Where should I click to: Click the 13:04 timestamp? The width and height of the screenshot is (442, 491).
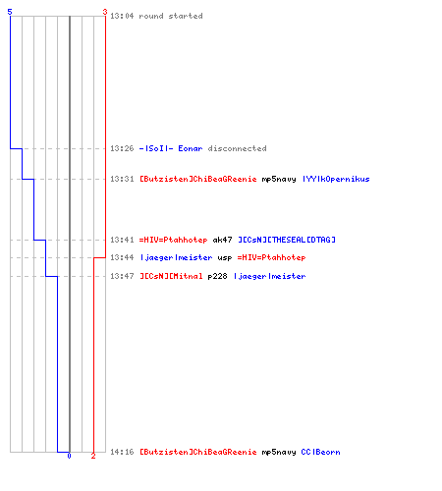122,16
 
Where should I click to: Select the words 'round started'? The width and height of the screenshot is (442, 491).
171,16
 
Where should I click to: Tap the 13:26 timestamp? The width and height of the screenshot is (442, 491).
122,148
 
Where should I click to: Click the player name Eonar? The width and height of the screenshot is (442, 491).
191,148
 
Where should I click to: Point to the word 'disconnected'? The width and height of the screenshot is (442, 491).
237,148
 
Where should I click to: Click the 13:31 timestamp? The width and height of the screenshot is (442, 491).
122,179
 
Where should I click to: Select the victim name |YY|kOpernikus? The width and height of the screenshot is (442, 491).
336,179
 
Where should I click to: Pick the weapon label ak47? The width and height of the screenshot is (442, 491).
222,240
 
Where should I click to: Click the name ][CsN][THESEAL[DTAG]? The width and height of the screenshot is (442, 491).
287,240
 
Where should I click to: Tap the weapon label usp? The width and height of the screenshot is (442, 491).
225,258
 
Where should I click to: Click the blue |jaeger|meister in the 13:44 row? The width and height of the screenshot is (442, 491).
177,257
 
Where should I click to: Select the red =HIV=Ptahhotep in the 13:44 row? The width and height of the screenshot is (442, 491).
272,257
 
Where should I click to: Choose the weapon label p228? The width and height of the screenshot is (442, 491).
217,276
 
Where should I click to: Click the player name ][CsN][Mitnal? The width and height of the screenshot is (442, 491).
171,276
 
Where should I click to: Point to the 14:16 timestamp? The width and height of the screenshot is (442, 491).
122,452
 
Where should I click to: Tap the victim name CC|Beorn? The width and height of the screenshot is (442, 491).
320,452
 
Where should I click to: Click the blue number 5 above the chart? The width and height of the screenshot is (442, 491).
10,12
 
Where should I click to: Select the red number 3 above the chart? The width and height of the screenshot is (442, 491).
105,12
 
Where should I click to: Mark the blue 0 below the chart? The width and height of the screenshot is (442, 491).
69,456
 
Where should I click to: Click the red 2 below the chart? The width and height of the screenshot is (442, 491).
93,456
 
